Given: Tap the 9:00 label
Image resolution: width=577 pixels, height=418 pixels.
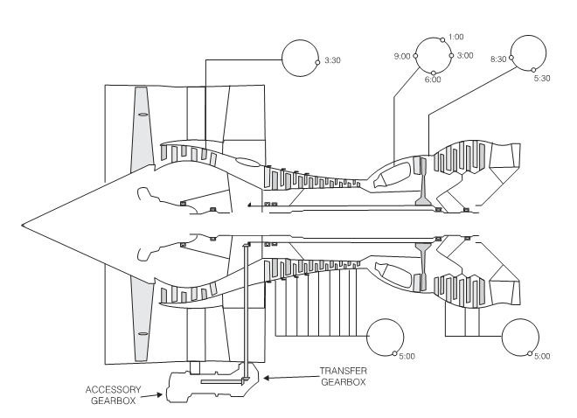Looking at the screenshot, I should click(402, 56).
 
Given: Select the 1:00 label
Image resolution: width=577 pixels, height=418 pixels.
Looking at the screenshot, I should click(455, 38).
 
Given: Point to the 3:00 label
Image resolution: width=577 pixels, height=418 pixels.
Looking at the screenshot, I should click(463, 55).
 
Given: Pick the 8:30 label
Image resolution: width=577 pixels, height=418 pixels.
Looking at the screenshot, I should click(499, 60).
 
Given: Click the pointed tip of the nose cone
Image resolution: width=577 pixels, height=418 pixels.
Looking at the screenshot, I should click(24, 222).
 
